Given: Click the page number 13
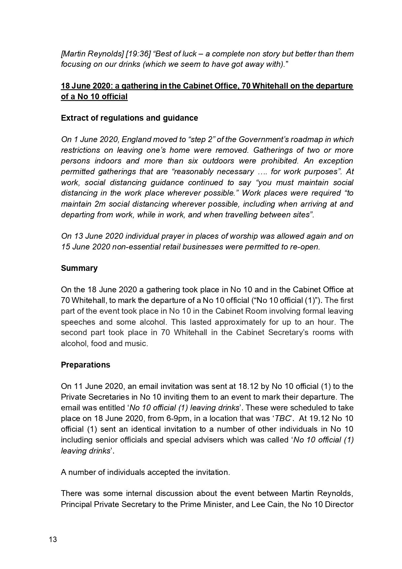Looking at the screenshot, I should tap(53, 539).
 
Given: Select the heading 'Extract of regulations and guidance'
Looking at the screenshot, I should tap(129, 118).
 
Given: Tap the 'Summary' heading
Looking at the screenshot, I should tap(79, 268).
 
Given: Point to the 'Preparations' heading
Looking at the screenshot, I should tap(86, 365).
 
